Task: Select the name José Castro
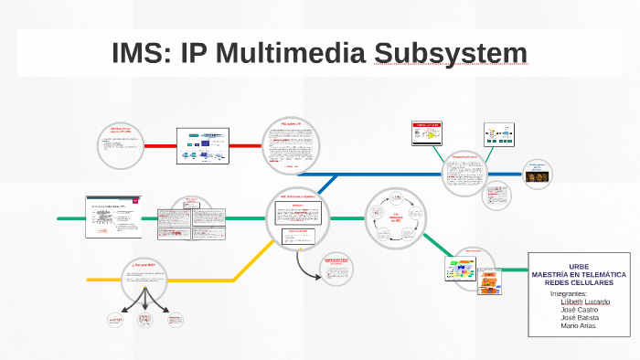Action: [580, 310]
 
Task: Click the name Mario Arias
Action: [578, 326]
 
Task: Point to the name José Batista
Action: [580, 318]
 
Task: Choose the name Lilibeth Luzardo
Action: [585, 302]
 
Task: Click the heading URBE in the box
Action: [579, 265]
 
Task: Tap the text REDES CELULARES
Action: [579, 282]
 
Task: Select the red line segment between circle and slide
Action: [161, 145]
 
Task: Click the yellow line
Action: [183, 279]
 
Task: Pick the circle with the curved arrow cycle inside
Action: [396, 219]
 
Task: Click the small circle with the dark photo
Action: [537, 173]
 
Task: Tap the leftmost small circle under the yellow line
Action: [115, 320]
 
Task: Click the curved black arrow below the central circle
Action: [303, 264]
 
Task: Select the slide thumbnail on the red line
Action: [207, 146]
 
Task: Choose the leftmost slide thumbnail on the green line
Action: [113, 217]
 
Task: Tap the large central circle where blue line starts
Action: [297, 217]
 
